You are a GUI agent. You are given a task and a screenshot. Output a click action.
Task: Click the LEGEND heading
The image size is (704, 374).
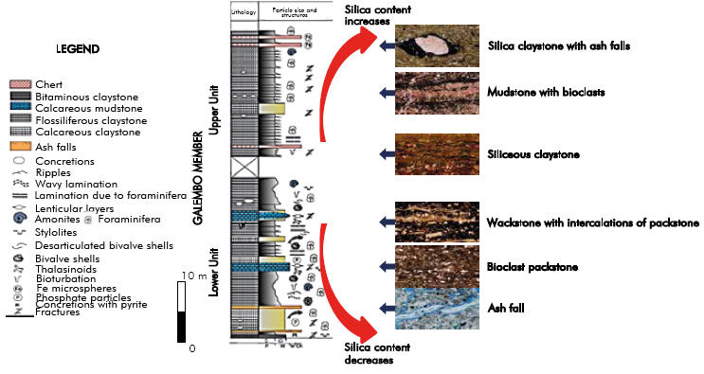tap(80, 49)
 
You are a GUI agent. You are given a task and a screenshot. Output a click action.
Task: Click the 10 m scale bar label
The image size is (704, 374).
tap(194, 275)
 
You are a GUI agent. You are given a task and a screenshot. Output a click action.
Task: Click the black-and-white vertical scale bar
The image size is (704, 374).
tap(181, 312)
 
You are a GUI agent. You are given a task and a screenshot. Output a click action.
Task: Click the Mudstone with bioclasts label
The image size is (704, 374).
tap(546, 92)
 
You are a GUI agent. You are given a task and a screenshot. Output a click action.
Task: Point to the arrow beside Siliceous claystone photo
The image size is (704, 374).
tap(384, 153)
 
